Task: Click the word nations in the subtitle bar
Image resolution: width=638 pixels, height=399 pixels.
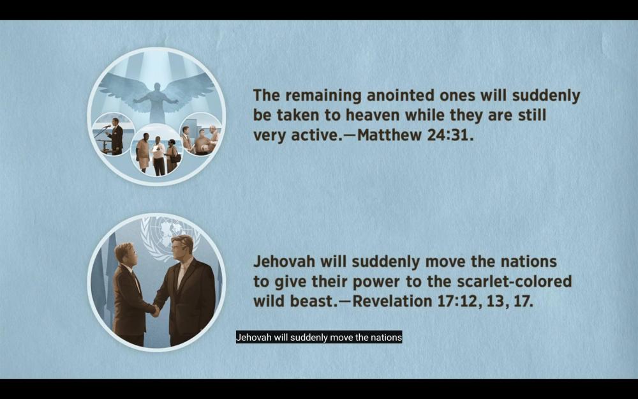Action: coord(388,338)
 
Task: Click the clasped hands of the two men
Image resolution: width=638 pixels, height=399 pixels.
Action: coord(154,310)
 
